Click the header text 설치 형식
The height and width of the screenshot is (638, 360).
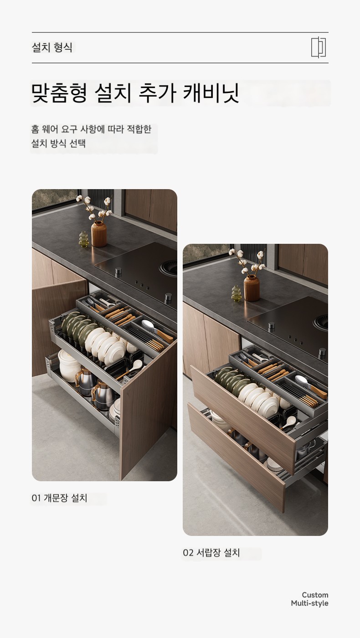[52, 47]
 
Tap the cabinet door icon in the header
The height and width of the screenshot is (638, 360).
[319, 47]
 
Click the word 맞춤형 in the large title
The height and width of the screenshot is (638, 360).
[59, 93]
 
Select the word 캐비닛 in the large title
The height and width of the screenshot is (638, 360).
[211, 93]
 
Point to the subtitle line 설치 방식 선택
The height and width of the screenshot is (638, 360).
[58, 143]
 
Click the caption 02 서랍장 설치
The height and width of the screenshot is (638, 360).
[211, 552]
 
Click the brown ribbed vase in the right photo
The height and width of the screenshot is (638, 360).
[252, 288]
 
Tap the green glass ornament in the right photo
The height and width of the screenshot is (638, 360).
[236, 293]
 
